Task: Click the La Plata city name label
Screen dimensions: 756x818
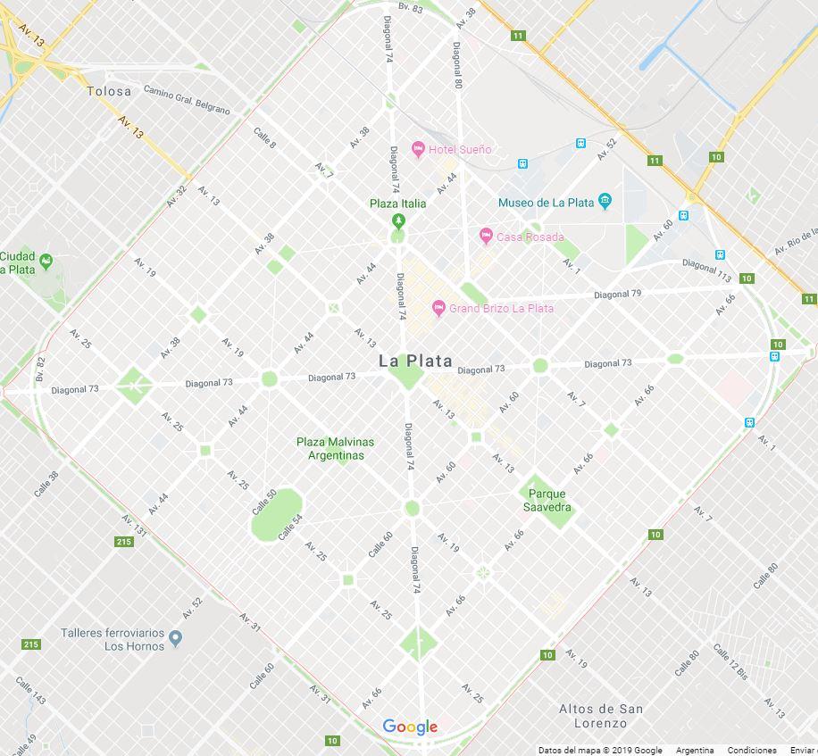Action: coord(415,361)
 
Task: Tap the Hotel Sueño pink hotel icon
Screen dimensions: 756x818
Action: coord(417,149)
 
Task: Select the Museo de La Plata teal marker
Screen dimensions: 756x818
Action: coord(605,202)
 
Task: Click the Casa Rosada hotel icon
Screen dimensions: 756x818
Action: coord(486,236)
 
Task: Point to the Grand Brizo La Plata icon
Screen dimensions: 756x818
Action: coord(438,308)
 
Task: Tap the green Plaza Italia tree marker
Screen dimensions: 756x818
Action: coord(398,220)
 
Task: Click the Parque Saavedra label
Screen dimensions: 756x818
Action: coord(547,501)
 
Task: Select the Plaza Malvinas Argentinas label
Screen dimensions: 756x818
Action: coord(336,448)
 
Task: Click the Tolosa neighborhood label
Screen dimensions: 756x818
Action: coord(109,91)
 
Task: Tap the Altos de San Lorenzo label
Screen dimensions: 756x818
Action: coord(600,715)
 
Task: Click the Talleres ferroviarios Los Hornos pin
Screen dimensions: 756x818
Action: coord(175,638)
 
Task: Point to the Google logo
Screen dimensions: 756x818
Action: coord(410,727)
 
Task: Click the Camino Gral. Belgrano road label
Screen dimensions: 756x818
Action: coord(187,101)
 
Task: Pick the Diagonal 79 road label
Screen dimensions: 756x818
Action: coord(618,294)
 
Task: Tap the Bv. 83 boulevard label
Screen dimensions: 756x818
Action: coord(411,7)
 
